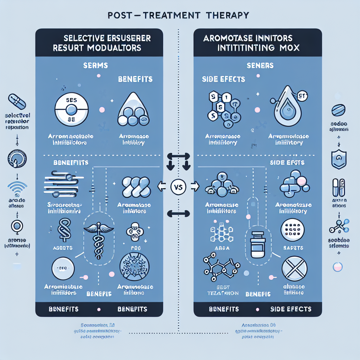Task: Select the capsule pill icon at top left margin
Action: pyautogui.click(x=17, y=102)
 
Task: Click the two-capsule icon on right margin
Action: pyautogui.click(x=338, y=187)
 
